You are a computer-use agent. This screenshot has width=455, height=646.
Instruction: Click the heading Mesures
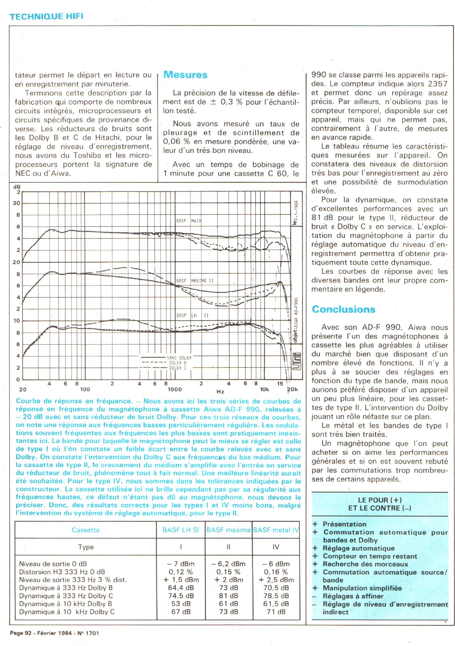tap(185, 75)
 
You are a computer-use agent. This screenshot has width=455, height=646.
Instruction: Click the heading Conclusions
tap(343, 309)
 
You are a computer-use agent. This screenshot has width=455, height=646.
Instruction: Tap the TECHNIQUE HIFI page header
tap(47, 16)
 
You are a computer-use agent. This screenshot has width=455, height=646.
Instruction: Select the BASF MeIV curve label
tap(189, 221)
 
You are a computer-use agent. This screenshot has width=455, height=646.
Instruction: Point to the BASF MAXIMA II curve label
tap(195, 281)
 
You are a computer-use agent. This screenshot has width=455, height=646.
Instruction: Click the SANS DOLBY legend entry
tap(179, 358)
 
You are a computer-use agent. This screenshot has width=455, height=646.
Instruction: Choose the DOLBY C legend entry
tap(177, 368)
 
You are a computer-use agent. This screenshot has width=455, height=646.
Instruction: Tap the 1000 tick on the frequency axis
tap(175, 389)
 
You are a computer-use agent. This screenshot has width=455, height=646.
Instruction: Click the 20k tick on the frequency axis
tap(292, 389)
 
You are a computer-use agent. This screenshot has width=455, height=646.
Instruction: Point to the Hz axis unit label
tap(220, 391)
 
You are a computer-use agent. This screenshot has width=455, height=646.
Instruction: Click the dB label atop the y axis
tap(17, 187)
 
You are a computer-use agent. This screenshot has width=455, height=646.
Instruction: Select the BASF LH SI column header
tap(181, 530)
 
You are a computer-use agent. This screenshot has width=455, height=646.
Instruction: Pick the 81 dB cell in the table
tap(229, 596)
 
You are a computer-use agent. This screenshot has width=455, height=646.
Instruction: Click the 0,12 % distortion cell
tap(181, 572)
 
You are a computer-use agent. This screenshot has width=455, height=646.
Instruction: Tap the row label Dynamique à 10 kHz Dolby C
tap(67, 612)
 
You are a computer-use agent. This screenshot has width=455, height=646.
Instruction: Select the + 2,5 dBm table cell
tap(276, 580)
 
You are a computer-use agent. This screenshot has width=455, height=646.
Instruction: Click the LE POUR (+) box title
tap(380, 500)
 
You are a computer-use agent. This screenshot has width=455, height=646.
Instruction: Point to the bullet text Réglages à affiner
tap(353, 596)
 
